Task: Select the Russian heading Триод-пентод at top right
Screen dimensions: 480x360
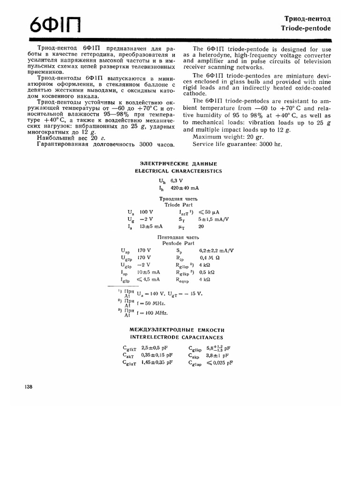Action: tap(308, 19)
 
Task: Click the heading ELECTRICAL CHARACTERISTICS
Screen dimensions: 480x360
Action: tap(178, 171)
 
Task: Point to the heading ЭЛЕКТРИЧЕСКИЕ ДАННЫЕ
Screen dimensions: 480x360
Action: tap(178, 164)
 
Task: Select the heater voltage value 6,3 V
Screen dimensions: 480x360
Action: tap(177, 180)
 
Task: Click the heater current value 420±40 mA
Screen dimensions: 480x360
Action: tap(184, 188)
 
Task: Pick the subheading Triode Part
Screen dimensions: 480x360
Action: tap(178, 205)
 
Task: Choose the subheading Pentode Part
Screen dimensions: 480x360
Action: tap(178, 243)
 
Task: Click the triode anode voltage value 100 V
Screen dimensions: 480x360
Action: tap(146, 212)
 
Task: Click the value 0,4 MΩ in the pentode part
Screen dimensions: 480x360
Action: tap(210, 258)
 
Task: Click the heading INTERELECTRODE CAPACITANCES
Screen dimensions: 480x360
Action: tap(176, 337)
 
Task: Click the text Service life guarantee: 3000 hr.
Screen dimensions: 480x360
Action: tap(237, 144)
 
